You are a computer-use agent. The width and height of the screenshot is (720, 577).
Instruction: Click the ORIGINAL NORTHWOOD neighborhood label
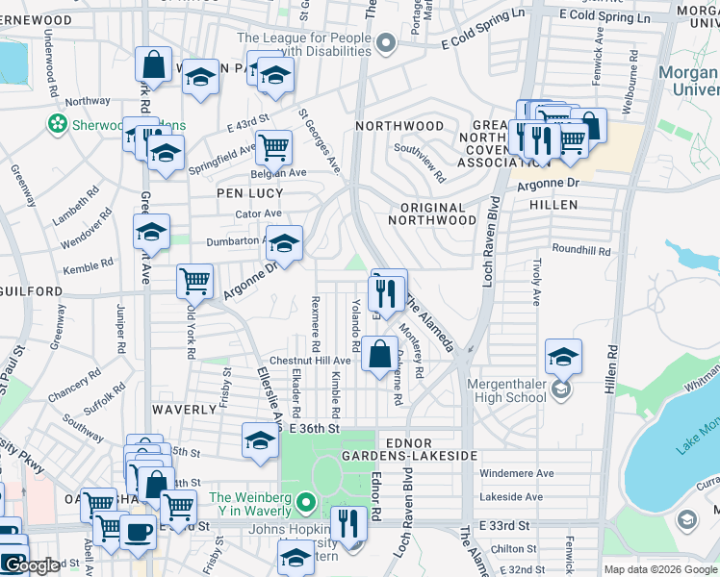[x=431, y=213]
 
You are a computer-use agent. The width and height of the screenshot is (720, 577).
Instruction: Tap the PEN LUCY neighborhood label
[x=248, y=192]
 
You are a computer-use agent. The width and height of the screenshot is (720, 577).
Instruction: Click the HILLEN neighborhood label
[x=553, y=205]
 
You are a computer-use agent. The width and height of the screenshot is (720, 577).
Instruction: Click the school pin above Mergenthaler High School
[x=563, y=357]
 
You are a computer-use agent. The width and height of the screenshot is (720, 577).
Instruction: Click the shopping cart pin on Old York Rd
[x=194, y=281]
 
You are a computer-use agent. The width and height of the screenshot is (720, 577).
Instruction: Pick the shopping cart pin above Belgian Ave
[x=273, y=147]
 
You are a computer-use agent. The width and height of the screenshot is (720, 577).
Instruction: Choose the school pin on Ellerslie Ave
[x=260, y=439]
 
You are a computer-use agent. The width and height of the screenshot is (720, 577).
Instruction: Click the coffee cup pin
[x=138, y=530]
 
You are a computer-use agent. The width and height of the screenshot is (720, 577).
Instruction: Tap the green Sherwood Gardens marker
[x=58, y=124]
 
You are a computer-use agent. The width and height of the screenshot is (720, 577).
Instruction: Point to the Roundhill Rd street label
[x=581, y=250]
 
